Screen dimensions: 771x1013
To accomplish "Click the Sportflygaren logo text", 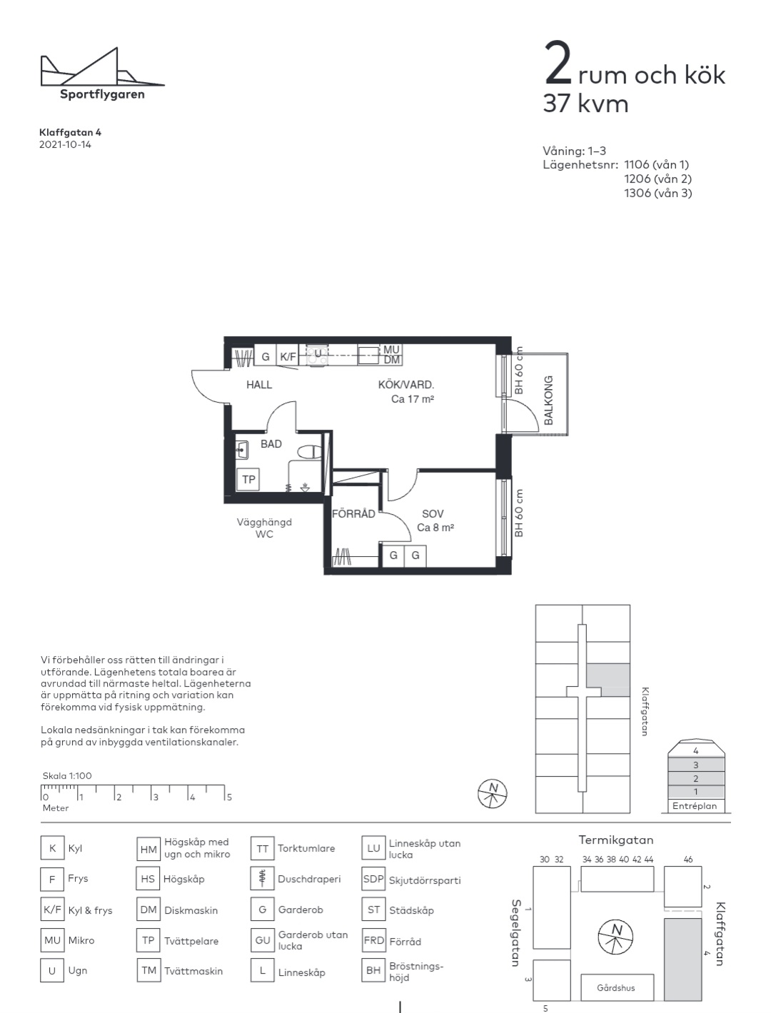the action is click(102, 95).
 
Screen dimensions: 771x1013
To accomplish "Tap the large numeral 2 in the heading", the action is click(558, 63).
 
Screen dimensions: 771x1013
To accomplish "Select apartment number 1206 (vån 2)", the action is click(658, 178).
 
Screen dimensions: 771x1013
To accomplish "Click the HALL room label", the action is click(259, 385).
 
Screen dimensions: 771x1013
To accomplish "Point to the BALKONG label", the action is click(548, 400).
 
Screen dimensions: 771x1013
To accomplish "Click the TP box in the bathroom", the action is click(248, 479).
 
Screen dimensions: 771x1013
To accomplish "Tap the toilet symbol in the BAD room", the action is click(309, 452).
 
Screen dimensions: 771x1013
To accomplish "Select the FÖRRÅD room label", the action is click(353, 514).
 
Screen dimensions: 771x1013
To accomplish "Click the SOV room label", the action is click(433, 514).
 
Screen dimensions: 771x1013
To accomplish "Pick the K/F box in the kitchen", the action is click(288, 356).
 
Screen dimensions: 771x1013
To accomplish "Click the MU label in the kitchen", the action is click(391, 349).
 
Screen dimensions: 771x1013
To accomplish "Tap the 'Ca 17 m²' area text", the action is click(413, 399).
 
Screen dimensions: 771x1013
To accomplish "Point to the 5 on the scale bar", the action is click(229, 797).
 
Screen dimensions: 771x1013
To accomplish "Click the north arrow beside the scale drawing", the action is click(493, 794).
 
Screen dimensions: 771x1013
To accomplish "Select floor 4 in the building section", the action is click(696, 751).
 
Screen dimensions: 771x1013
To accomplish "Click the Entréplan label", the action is click(695, 806).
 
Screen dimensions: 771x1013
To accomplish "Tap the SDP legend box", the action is click(373, 880).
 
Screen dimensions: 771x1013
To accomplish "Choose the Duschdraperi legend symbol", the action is click(263, 879).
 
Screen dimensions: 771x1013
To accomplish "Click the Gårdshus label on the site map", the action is click(615, 987).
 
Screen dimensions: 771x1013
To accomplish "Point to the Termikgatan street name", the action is click(616, 840).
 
